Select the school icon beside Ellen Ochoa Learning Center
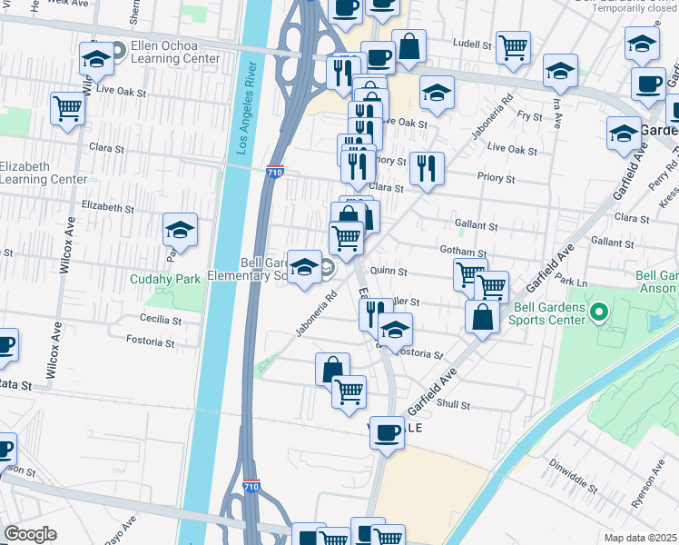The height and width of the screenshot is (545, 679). click(96, 60)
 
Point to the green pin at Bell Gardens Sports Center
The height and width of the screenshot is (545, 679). click(598, 314)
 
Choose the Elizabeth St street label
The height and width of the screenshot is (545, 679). click(107, 208)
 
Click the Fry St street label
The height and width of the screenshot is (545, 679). click(528, 115)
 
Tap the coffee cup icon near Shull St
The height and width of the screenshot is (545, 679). click(387, 432)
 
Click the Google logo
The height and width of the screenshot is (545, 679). click(30, 534)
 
